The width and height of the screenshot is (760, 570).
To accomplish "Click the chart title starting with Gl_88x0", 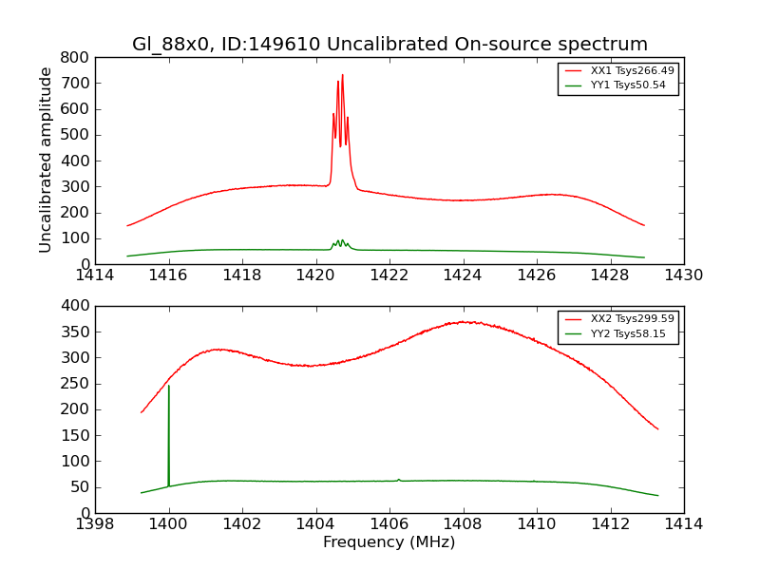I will (389, 45).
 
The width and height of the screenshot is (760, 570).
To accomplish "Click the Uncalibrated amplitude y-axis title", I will (46, 160).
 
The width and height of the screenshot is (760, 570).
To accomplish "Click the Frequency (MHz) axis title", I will (389, 542).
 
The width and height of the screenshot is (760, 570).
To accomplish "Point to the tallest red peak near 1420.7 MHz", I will (342, 75).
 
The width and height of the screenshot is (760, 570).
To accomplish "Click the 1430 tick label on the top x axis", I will (683, 275).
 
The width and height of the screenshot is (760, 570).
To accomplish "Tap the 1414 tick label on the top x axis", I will (95, 275).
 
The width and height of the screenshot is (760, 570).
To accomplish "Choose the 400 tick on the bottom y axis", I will (78, 306).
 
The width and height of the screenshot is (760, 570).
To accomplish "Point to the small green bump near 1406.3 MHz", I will (399, 480).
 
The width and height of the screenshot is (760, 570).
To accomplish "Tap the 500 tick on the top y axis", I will (78, 135).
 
